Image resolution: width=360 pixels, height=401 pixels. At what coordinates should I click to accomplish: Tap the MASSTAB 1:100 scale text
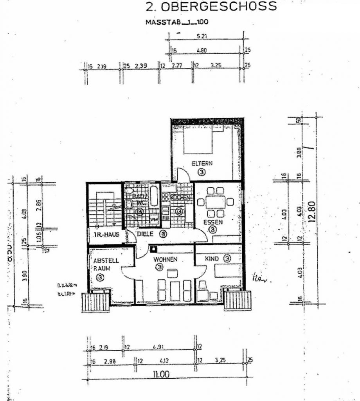coord(176,22)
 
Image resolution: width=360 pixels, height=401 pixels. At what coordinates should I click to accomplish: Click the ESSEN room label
coord(212,222)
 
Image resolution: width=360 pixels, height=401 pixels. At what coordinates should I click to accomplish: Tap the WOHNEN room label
coord(166,259)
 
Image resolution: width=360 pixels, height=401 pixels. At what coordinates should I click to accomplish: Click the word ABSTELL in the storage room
coord(106,260)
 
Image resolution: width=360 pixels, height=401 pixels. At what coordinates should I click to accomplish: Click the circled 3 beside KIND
coord(227,258)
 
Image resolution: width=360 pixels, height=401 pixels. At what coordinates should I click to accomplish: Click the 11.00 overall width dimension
coord(161,374)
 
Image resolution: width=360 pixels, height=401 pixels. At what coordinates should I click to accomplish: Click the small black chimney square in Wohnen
coord(155,248)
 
